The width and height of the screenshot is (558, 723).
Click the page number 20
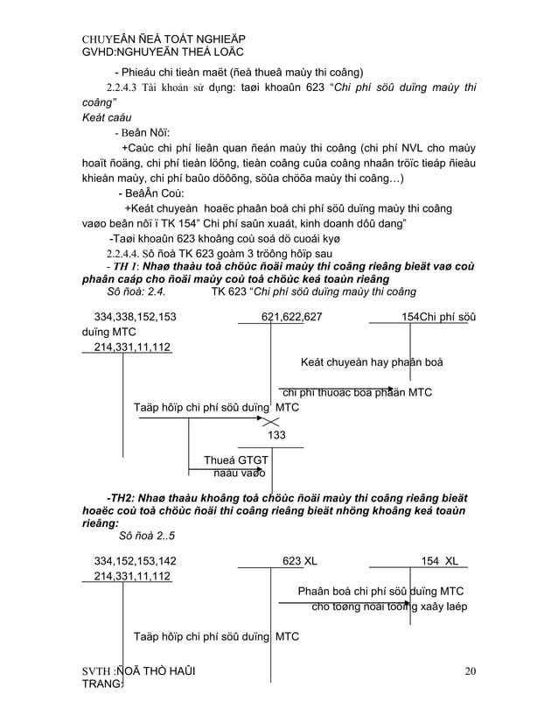click(x=471, y=671)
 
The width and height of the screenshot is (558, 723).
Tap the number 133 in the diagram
click(x=276, y=435)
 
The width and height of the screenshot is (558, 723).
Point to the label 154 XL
click(x=443, y=560)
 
